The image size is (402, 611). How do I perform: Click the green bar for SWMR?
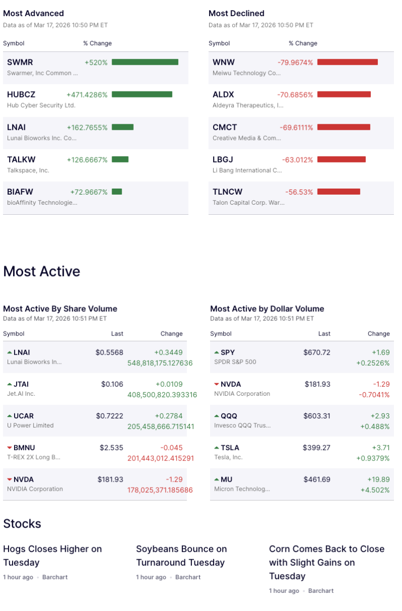coord(145,62)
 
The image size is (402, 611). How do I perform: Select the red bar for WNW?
coord(347,62)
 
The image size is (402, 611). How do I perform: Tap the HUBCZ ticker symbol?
coord(21,95)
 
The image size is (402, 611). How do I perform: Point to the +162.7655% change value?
coord(87,127)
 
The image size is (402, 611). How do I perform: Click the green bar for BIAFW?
coord(117,192)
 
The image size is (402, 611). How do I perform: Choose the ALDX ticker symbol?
coord(223,95)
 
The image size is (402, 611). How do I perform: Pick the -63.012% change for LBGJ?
coord(297,160)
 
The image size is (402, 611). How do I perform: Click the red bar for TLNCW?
coord(339,192)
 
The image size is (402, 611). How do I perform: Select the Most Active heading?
coord(42,272)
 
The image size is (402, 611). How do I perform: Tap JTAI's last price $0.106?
coord(112,384)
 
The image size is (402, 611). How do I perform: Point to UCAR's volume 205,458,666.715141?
coord(161,426)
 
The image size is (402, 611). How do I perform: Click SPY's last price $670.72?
coord(317,353)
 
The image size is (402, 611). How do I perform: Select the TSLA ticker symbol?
coord(230,448)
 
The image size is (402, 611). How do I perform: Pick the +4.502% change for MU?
coord(375,490)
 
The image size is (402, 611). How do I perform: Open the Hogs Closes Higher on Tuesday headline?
coord(52,556)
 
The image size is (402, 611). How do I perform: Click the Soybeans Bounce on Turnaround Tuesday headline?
coord(181,556)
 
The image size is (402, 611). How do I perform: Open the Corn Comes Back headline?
coord(327,562)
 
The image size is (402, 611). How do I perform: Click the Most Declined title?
coord(236,14)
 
